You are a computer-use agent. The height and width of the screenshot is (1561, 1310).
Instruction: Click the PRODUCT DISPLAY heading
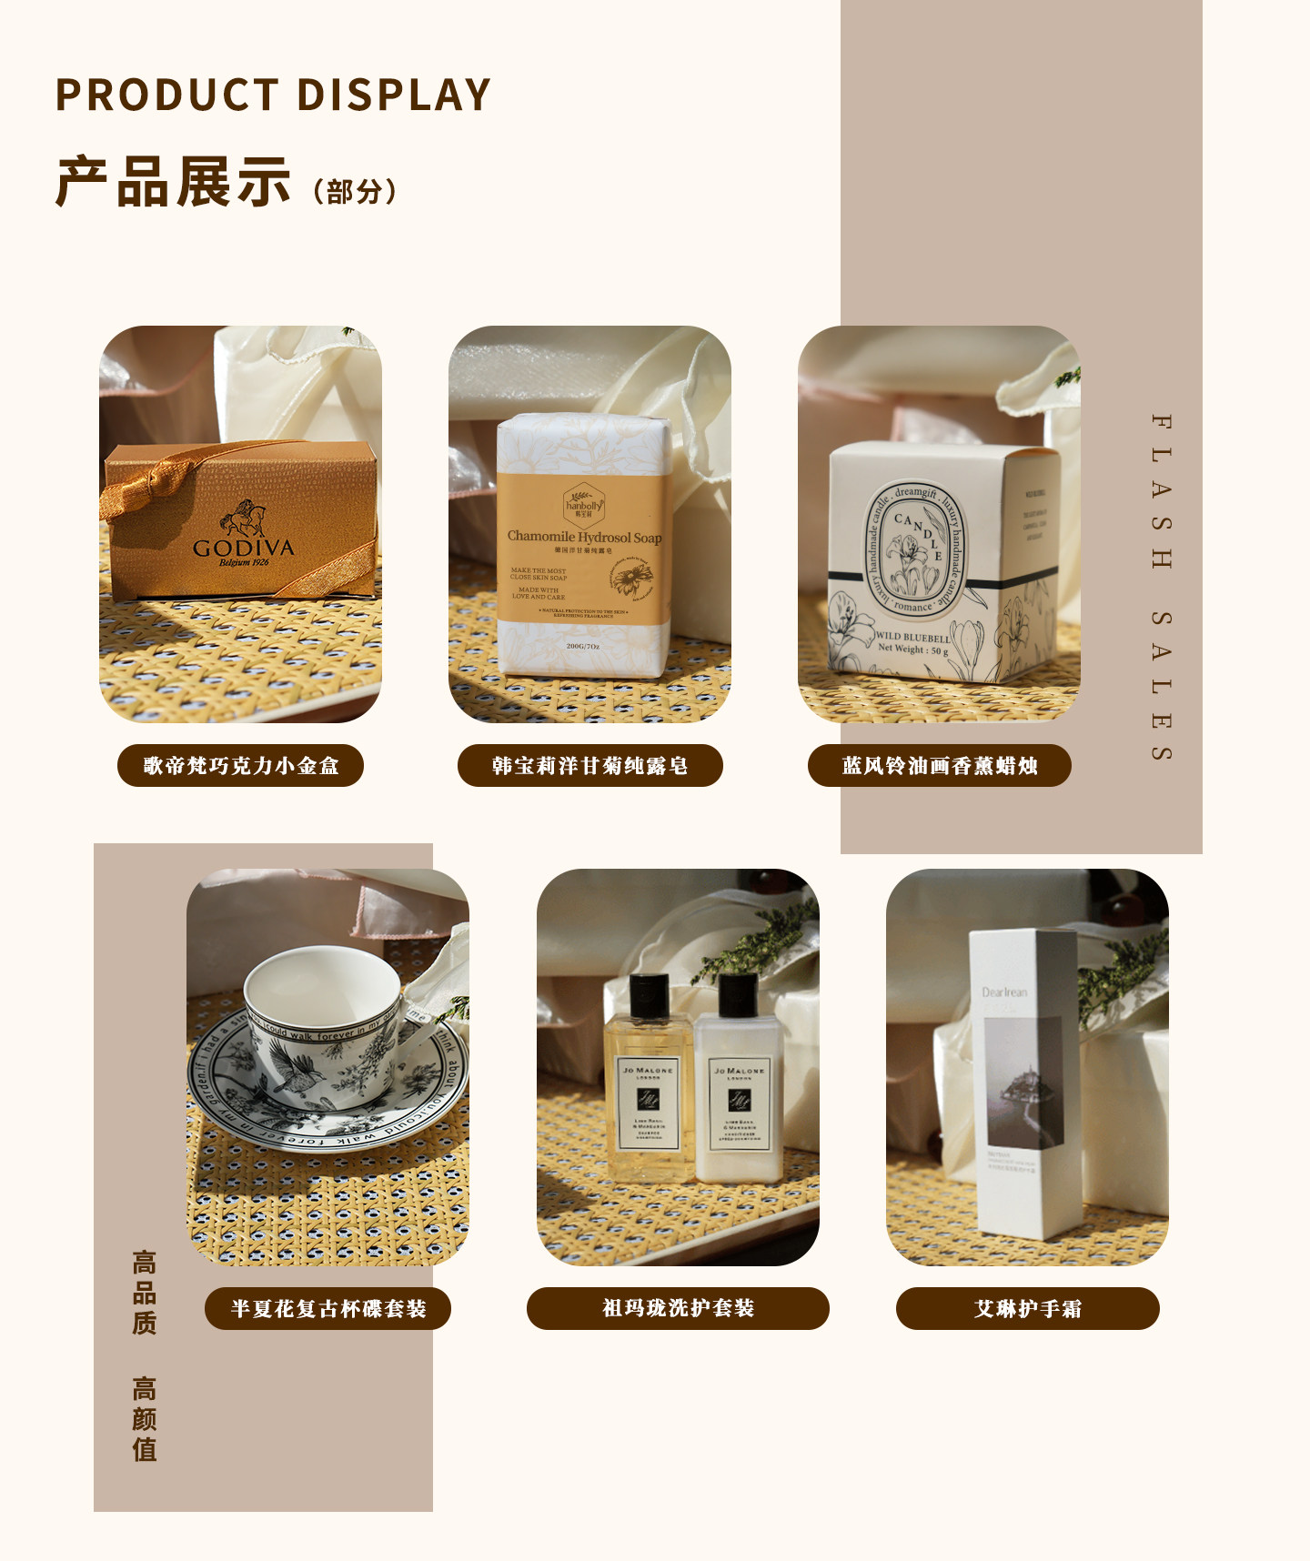273,95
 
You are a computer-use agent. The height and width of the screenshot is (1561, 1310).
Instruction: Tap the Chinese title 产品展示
173,182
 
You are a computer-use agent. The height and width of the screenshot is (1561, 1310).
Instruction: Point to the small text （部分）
355,192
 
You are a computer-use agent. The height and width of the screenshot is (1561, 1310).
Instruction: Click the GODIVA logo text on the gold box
243,548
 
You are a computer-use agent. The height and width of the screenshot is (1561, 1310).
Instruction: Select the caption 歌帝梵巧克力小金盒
240,766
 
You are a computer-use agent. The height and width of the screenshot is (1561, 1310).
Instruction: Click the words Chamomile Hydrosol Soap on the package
584,537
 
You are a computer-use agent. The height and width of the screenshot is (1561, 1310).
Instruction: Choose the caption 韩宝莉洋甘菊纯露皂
589,766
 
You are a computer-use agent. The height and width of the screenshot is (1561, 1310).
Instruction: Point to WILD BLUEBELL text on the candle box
912,638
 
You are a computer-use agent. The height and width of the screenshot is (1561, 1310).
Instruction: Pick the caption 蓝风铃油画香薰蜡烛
940,766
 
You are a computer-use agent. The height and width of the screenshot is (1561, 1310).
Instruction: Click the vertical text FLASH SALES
1161,587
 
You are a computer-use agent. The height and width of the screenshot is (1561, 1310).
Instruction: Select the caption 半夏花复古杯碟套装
327,1309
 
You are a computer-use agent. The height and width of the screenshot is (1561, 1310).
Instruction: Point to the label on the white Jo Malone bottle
740,1103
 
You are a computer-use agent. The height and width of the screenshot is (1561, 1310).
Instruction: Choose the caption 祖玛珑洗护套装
678,1308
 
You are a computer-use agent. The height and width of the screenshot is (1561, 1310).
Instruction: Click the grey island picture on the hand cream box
1024,1083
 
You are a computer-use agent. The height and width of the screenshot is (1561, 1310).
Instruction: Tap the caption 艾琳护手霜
1028,1309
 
